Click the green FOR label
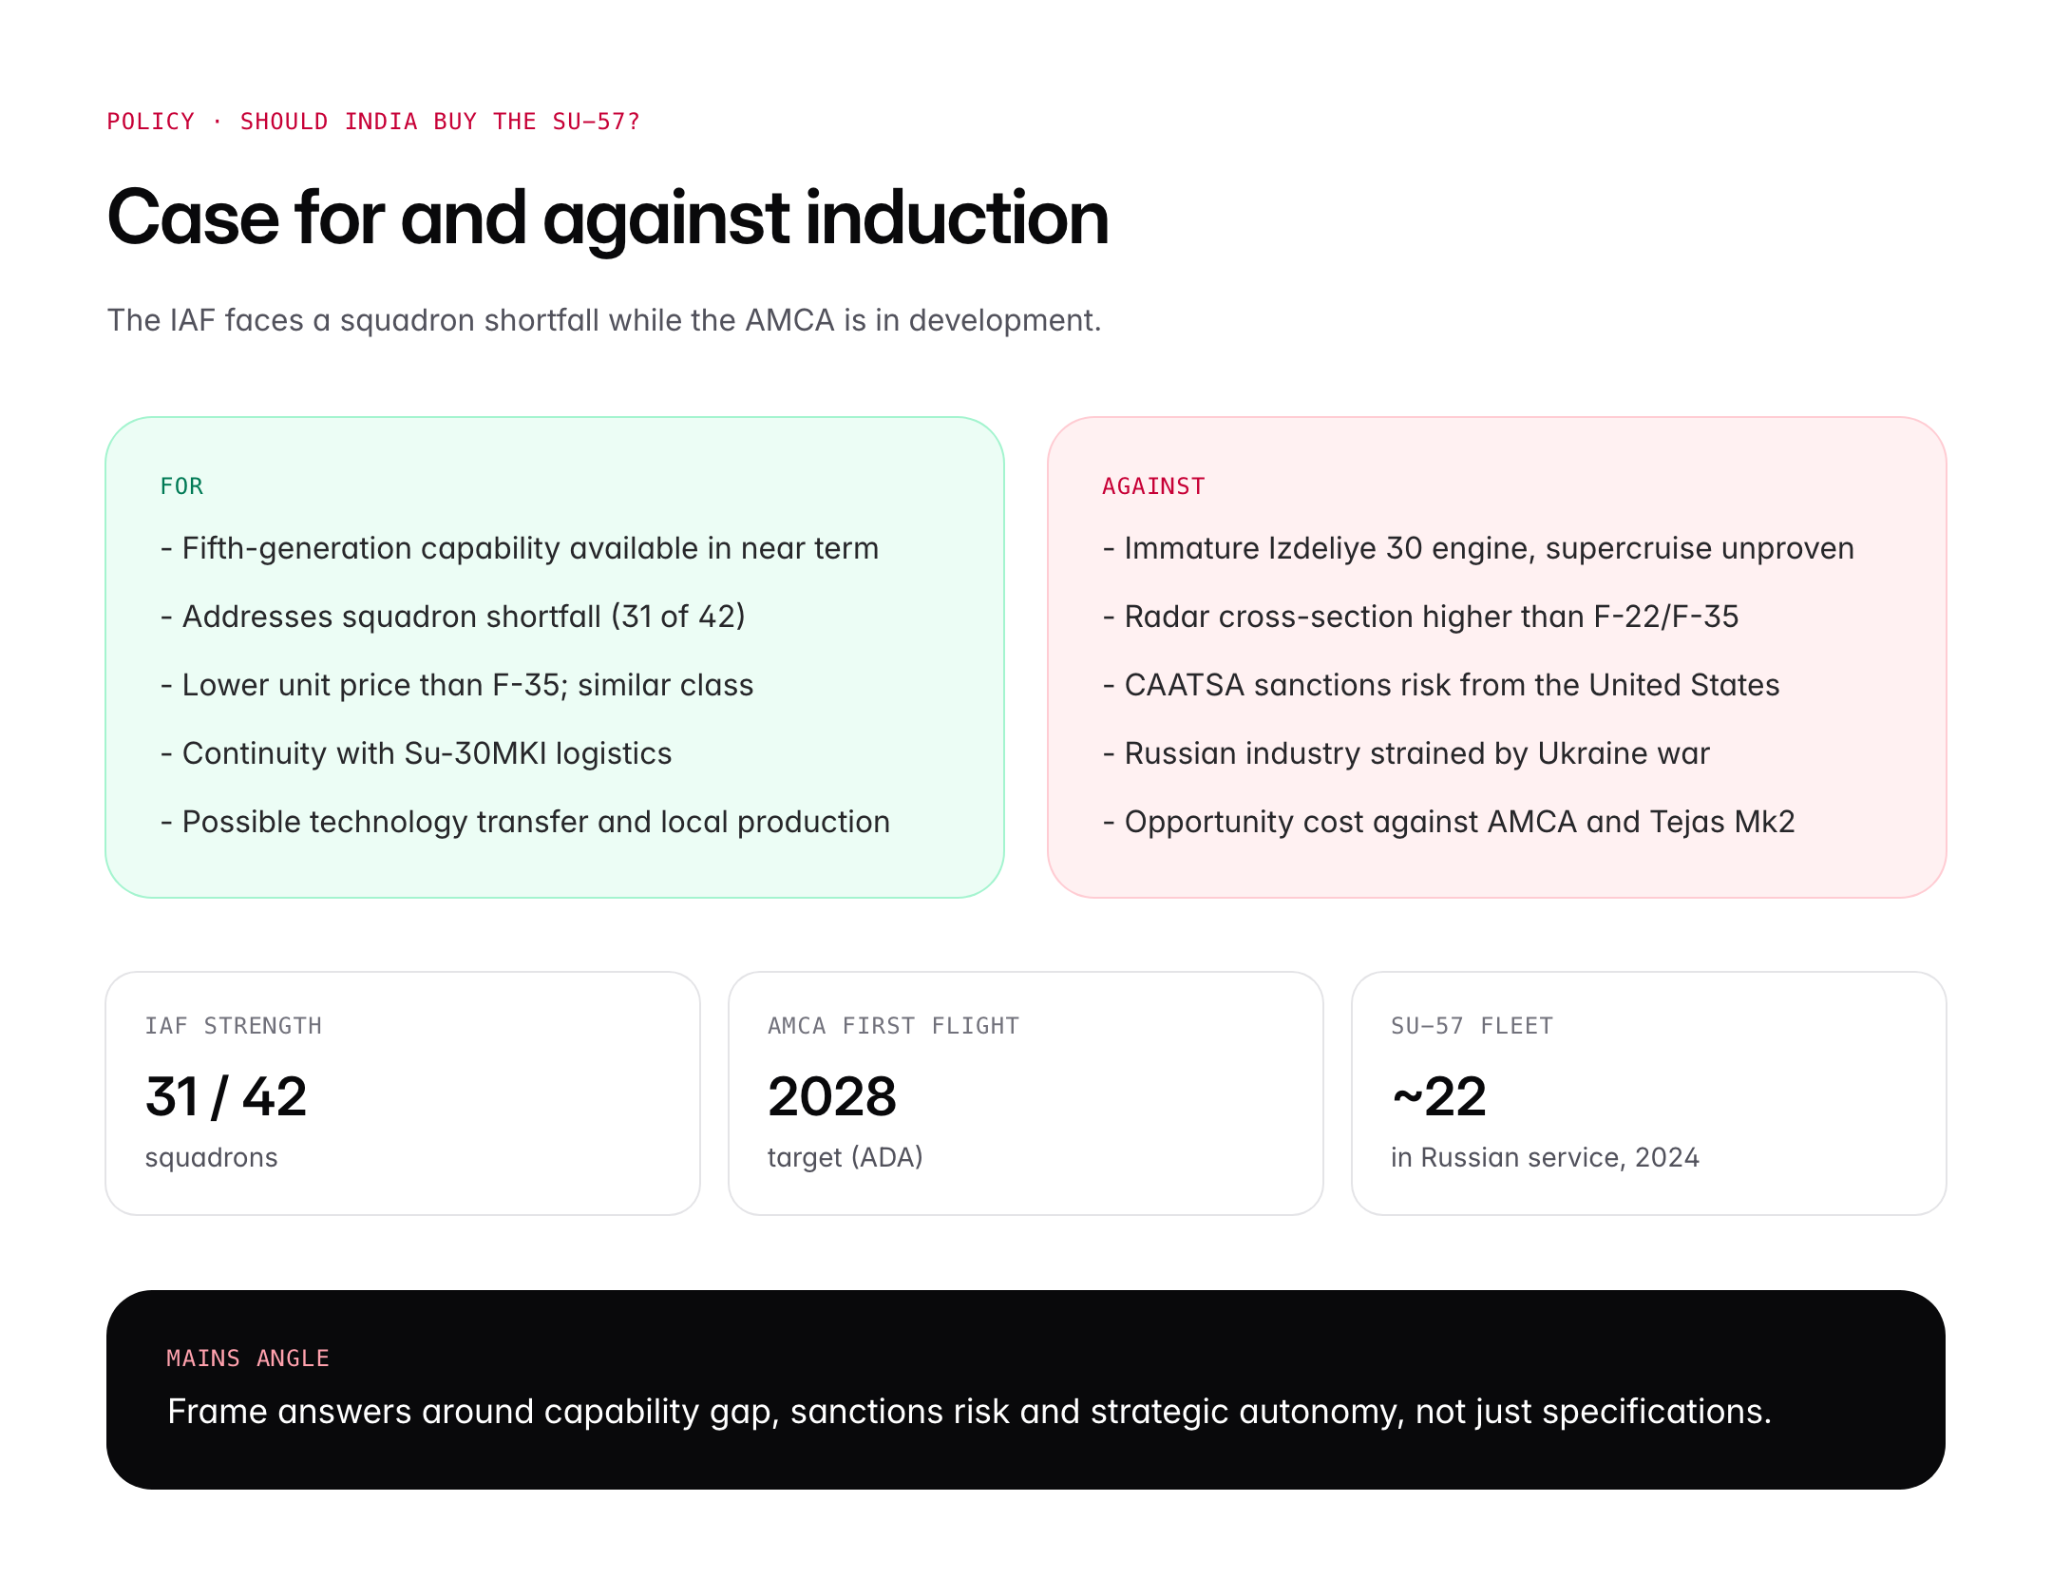[x=181, y=486]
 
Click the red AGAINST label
[x=1153, y=486]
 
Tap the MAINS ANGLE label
[x=248, y=1358]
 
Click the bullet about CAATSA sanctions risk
[x=1441, y=685]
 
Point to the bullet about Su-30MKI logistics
[x=416, y=753]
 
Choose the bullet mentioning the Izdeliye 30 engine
[x=1478, y=548]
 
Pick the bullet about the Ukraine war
[x=1406, y=753]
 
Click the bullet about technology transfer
[x=525, y=822]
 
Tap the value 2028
[x=832, y=1096]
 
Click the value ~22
[x=1439, y=1096]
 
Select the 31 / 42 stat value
[x=226, y=1096]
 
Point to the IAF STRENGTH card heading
[x=234, y=1026]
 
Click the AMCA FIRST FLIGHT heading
[x=893, y=1026]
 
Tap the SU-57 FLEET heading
[x=1472, y=1026]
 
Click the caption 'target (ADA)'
[x=845, y=1157]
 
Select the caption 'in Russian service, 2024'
[x=1546, y=1157]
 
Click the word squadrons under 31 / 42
[x=211, y=1158]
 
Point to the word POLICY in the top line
[x=150, y=122]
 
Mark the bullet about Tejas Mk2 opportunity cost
[x=1449, y=822]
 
